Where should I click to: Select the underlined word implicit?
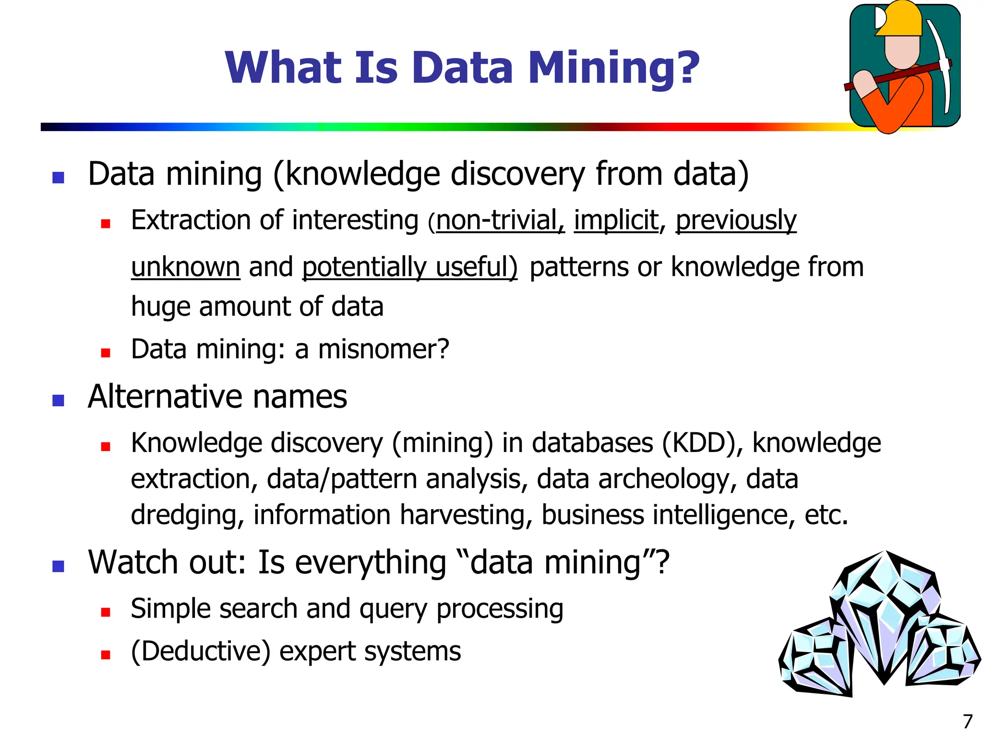tap(616, 221)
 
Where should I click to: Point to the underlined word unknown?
tap(185, 267)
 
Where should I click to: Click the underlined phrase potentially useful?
tap(409, 267)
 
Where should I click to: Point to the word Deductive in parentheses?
tap(201, 652)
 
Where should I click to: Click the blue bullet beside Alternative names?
tap(58, 401)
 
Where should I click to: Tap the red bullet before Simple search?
tap(106, 612)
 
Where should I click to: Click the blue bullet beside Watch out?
tap(58, 566)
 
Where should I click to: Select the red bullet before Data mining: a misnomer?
tap(106, 353)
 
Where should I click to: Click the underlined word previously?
tap(736, 221)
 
